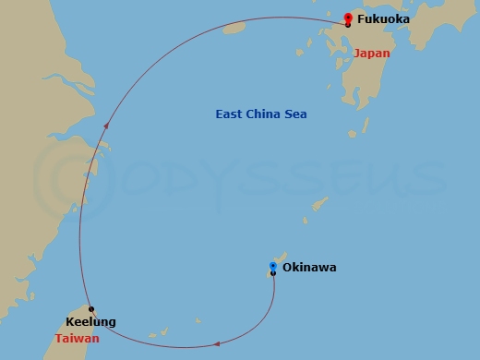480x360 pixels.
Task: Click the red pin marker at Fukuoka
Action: coord(347,17)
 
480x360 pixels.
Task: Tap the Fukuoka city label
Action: coord(383,18)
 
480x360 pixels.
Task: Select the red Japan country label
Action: coord(371,53)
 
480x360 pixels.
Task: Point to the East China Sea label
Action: coord(261,114)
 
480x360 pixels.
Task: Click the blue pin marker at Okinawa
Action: coord(272,266)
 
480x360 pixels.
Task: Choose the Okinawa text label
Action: coord(309,268)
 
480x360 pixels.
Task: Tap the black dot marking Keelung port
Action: coord(90,308)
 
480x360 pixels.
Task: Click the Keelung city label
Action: coord(91,322)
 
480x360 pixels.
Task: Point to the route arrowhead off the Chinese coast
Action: coord(106,125)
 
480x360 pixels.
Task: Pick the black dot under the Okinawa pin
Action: coord(272,273)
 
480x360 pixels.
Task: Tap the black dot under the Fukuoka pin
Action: coord(347,24)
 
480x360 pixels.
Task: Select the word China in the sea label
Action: coord(261,114)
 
